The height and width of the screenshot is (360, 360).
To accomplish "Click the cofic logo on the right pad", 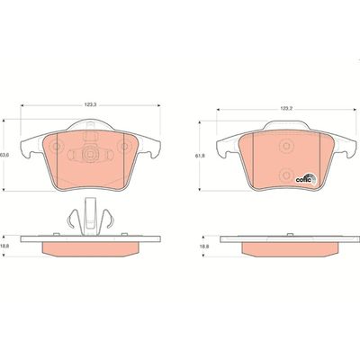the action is point(306,179).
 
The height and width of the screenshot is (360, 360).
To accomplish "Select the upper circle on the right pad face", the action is point(286,146).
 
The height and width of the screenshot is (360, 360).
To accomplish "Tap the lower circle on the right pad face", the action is point(286,175).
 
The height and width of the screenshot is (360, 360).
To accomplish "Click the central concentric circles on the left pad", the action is point(90,155).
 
